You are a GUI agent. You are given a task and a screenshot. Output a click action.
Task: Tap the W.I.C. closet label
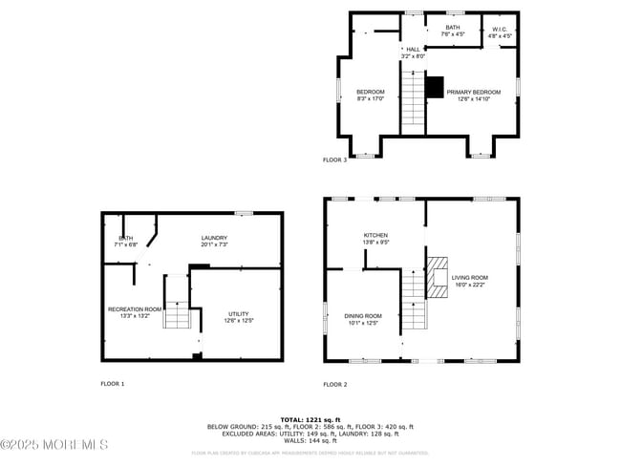[x=501, y=31]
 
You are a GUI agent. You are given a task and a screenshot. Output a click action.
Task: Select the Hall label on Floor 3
[x=413, y=49]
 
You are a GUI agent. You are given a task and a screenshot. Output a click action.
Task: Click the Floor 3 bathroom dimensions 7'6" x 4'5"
[x=452, y=34]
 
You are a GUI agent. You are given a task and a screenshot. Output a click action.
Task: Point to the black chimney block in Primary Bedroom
[x=435, y=87]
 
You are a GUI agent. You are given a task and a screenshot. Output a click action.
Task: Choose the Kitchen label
[x=375, y=235]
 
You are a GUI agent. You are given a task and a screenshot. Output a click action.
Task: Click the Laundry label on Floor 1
[x=213, y=238]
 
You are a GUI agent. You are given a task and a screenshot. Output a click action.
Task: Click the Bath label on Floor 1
[x=125, y=238]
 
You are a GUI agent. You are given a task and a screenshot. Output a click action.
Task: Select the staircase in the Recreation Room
[x=177, y=307]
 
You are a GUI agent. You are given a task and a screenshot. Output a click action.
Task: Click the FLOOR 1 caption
[x=113, y=384]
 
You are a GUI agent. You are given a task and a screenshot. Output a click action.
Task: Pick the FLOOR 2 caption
[x=334, y=384]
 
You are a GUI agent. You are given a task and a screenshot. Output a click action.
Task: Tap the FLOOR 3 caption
[x=334, y=159]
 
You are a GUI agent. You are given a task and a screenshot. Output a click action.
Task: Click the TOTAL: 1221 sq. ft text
[x=310, y=419]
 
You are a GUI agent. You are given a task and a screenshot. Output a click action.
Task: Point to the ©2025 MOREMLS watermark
[x=54, y=445]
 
